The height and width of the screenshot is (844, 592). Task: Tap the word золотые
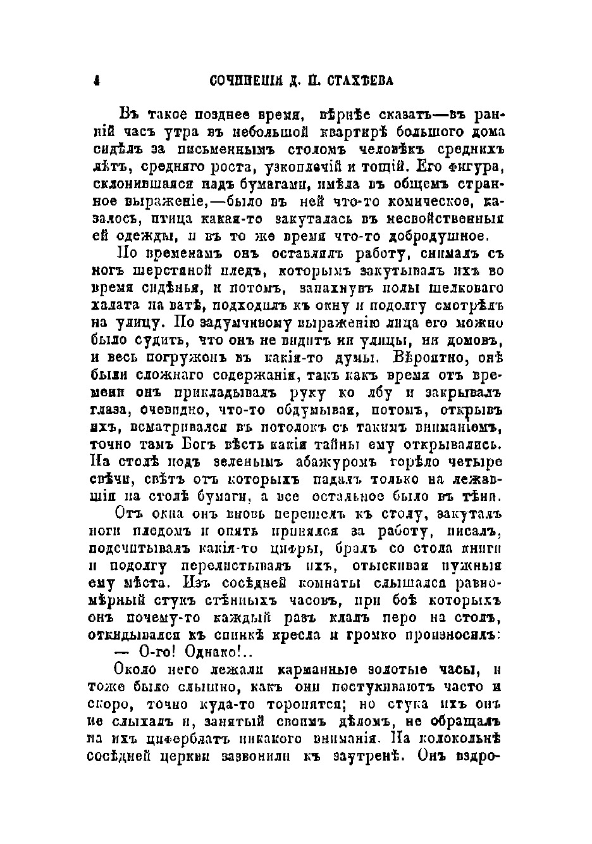[397, 669]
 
